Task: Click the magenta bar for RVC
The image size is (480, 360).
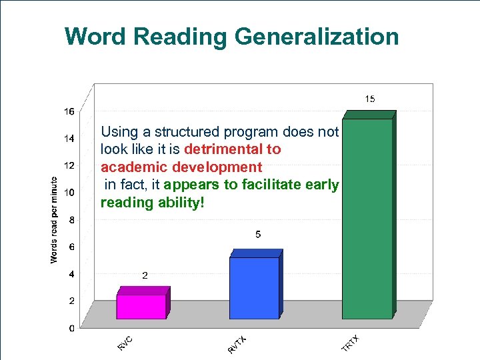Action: pyautogui.click(x=141, y=307)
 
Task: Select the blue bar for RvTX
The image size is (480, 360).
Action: pyautogui.click(x=254, y=288)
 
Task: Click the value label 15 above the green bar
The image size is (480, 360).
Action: pyautogui.click(x=369, y=99)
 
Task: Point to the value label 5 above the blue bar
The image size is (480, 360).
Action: pyautogui.click(x=258, y=235)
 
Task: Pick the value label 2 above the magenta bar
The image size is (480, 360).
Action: pyautogui.click(x=144, y=275)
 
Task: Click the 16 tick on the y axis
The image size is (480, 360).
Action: pyautogui.click(x=69, y=111)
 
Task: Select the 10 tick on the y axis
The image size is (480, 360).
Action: pyautogui.click(x=69, y=193)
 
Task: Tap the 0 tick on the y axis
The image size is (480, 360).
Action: pyautogui.click(x=71, y=328)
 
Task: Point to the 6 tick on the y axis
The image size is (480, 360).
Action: pyautogui.click(x=71, y=247)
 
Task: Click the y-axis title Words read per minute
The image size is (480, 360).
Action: pyautogui.click(x=55, y=219)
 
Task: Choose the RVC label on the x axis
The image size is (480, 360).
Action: pyautogui.click(x=125, y=343)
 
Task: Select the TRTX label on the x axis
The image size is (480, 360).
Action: pyautogui.click(x=351, y=343)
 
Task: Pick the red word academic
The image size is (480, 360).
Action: pyautogui.click(x=131, y=167)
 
